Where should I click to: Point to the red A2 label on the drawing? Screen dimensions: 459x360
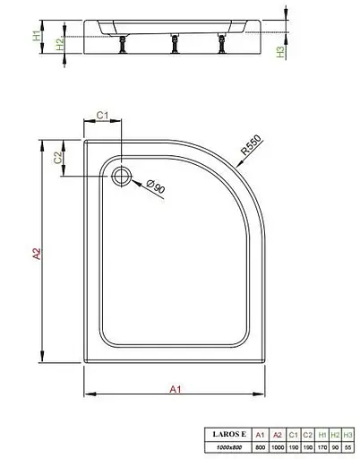[37, 255]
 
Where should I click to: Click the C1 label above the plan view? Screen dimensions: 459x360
[102, 116]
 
